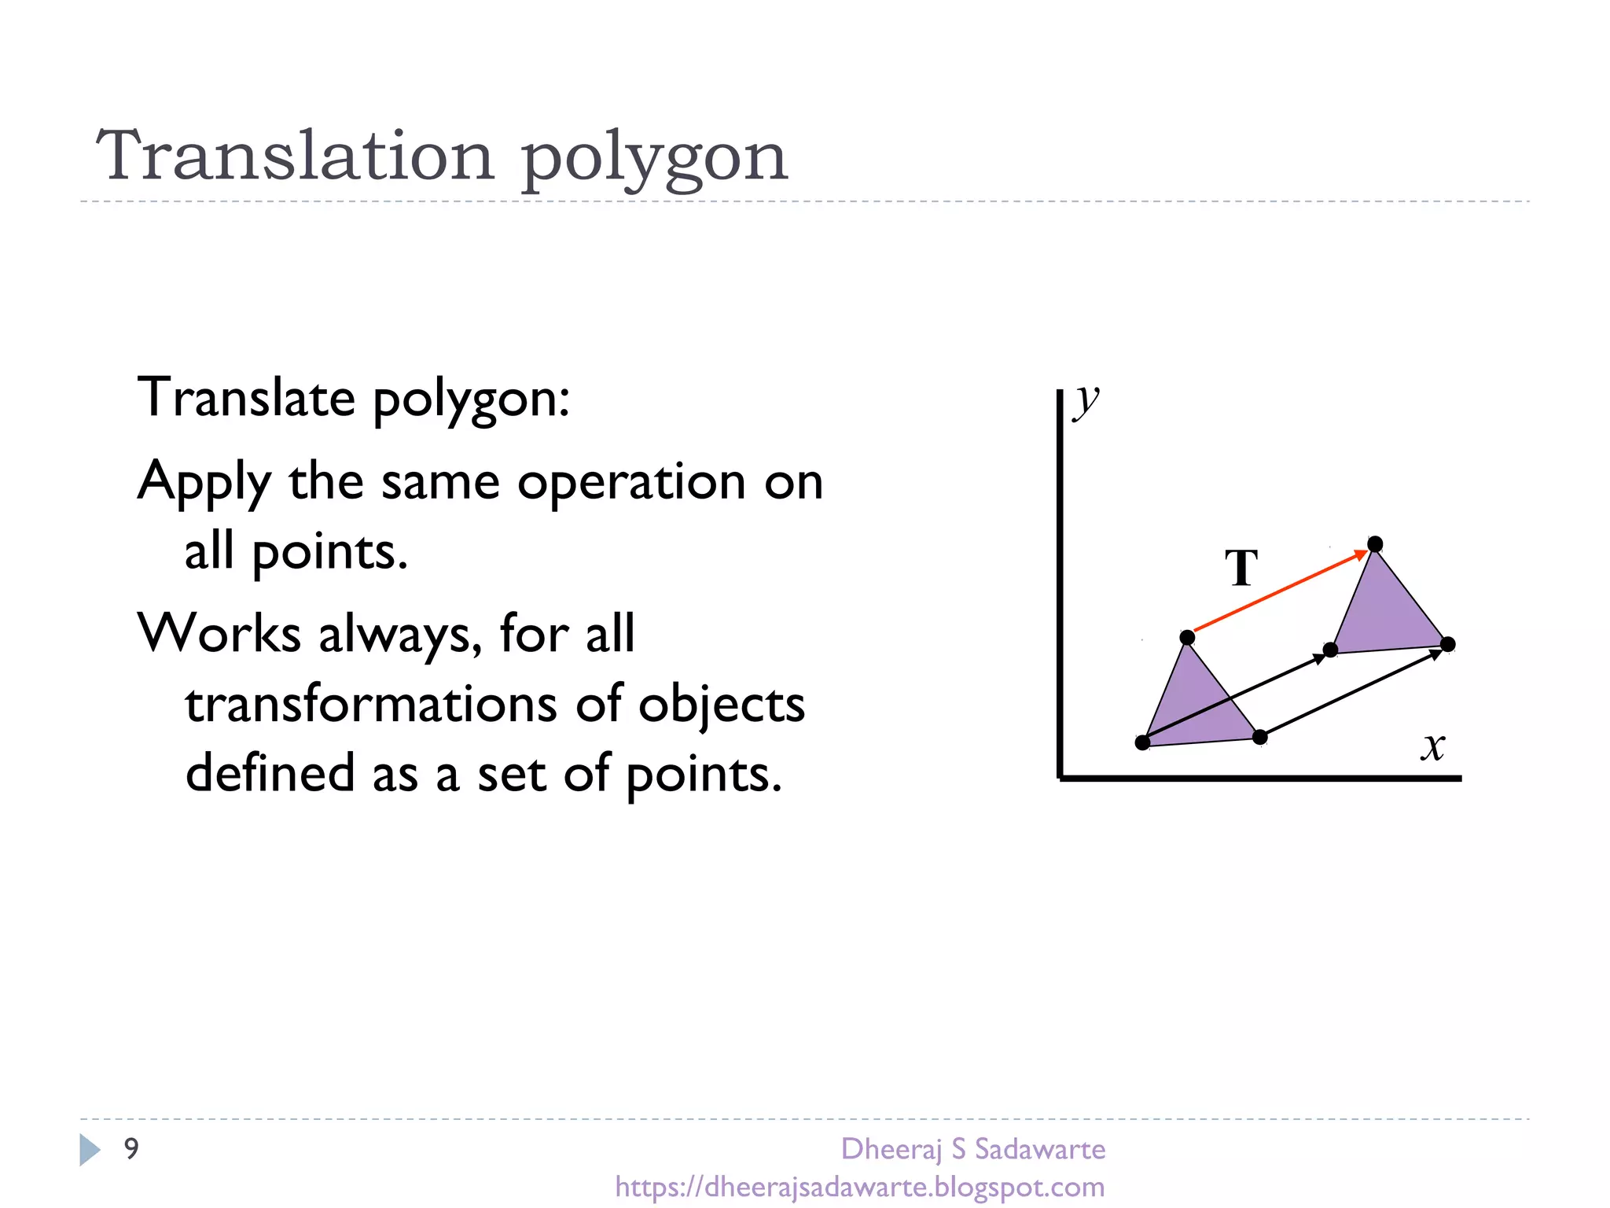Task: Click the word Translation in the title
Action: pos(295,156)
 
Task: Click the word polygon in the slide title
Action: pos(654,157)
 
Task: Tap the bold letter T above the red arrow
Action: pos(1241,568)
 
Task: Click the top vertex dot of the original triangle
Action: pos(1187,637)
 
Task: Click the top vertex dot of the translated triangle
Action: pos(1375,544)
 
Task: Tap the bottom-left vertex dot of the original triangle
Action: pos(1142,742)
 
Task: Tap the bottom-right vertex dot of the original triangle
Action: pos(1259,737)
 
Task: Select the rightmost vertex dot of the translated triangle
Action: pos(1448,644)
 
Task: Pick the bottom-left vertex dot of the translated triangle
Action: pos(1330,650)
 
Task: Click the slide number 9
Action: pos(131,1148)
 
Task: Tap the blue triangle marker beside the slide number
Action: pos(90,1149)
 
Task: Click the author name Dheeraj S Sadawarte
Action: pos(972,1149)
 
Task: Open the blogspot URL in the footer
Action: pos(859,1186)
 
